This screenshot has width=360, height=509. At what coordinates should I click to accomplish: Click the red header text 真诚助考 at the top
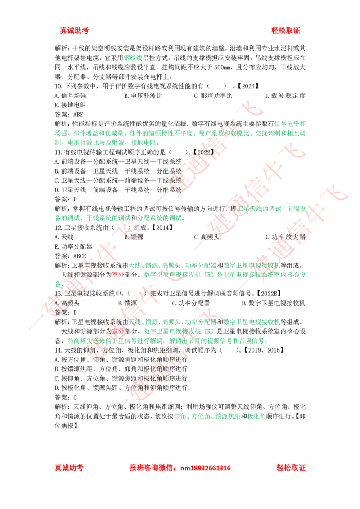pyautogui.click(x=74, y=31)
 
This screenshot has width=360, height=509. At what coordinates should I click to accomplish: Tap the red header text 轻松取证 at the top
pyautogui.click(x=286, y=31)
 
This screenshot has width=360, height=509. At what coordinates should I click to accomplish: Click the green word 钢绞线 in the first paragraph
pyautogui.click(x=133, y=58)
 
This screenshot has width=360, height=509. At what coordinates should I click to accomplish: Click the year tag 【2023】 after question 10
pyautogui.click(x=248, y=86)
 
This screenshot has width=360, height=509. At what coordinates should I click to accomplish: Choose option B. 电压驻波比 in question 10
pyautogui.click(x=143, y=96)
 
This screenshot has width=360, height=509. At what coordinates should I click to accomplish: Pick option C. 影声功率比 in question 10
pyautogui.click(x=213, y=96)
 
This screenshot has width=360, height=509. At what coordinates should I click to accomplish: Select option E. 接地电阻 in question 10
pyautogui.click(x=70, y=105)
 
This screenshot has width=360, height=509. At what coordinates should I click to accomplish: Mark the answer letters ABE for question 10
pyautogui.click(x=78, y=115)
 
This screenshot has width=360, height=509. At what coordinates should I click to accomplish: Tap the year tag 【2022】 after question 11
pyautogui.click(x=204, y=152)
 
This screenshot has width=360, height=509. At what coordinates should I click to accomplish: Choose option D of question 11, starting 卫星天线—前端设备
pyautogui.click(x=118, y=190)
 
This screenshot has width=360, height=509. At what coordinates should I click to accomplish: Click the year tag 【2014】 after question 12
pyautogui.click(x=162, y=228)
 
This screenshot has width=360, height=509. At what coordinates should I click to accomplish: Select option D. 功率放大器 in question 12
pyautogui.click(x=284, y=237)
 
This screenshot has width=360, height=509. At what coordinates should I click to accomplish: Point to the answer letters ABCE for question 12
pyautogui.click(x=80, y=256)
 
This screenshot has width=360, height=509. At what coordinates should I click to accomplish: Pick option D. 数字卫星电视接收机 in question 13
pyautogui.click(x=274, y=303)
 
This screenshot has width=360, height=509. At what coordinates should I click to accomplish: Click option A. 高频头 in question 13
pyautogui.click(x=67, y=303)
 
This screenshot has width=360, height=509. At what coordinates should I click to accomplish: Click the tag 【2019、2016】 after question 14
pyautogui.click(x=264, y=350)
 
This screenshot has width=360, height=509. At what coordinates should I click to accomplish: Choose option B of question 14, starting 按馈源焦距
pyautogui.click(x=121, y=369)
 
